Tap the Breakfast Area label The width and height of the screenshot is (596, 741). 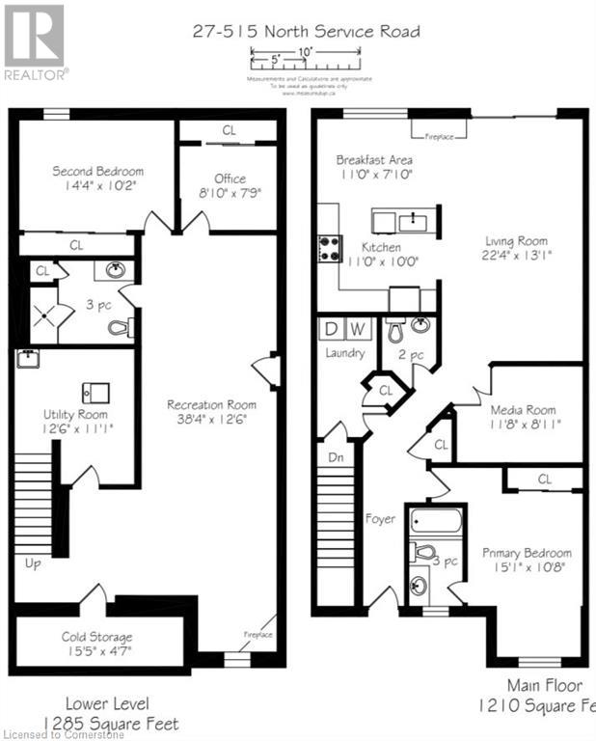(x=374, y=159)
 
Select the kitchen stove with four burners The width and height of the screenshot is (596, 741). (x=330, y=247)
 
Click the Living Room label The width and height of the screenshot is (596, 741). (x=517, y=241)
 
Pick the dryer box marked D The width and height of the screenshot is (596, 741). (x=331, y=330)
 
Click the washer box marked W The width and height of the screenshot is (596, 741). (x=356, y=330)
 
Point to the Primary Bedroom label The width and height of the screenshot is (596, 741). (x=527, y=553)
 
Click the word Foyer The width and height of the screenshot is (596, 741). (x=380, y=519)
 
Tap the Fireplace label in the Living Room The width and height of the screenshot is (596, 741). (x=441, y=136)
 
